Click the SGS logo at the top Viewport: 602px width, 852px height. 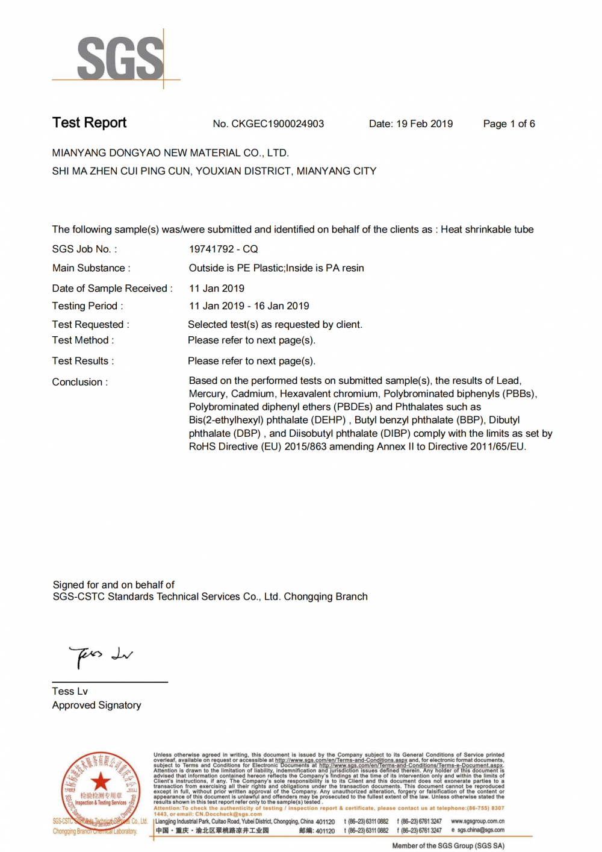(120, 58)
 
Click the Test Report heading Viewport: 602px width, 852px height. (89, 123)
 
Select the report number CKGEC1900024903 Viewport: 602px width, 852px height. (278, 124)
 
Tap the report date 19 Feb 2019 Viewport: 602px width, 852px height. (424, 124)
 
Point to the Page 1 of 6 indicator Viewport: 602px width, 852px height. (509, 124)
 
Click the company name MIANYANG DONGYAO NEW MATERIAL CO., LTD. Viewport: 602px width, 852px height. (170, 153)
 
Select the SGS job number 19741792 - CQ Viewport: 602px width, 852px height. (223, 249)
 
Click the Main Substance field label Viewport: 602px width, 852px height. (91, 268)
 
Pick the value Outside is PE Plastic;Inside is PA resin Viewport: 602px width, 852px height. (276, 268)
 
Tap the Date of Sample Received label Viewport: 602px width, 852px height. (112, 289)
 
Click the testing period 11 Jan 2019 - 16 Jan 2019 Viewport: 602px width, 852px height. (249, 306)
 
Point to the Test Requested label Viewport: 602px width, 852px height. (90, 325)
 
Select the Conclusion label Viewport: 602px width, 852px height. (79, 382)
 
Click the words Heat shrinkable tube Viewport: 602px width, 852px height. (487, 230)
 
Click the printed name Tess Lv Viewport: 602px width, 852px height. (70, 691)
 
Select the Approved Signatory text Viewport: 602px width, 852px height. (96, 705)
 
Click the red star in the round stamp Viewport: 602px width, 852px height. (101, 782)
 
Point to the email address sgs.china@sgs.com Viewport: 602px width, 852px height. (480, 830)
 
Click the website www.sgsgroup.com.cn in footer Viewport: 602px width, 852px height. (477, 821)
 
